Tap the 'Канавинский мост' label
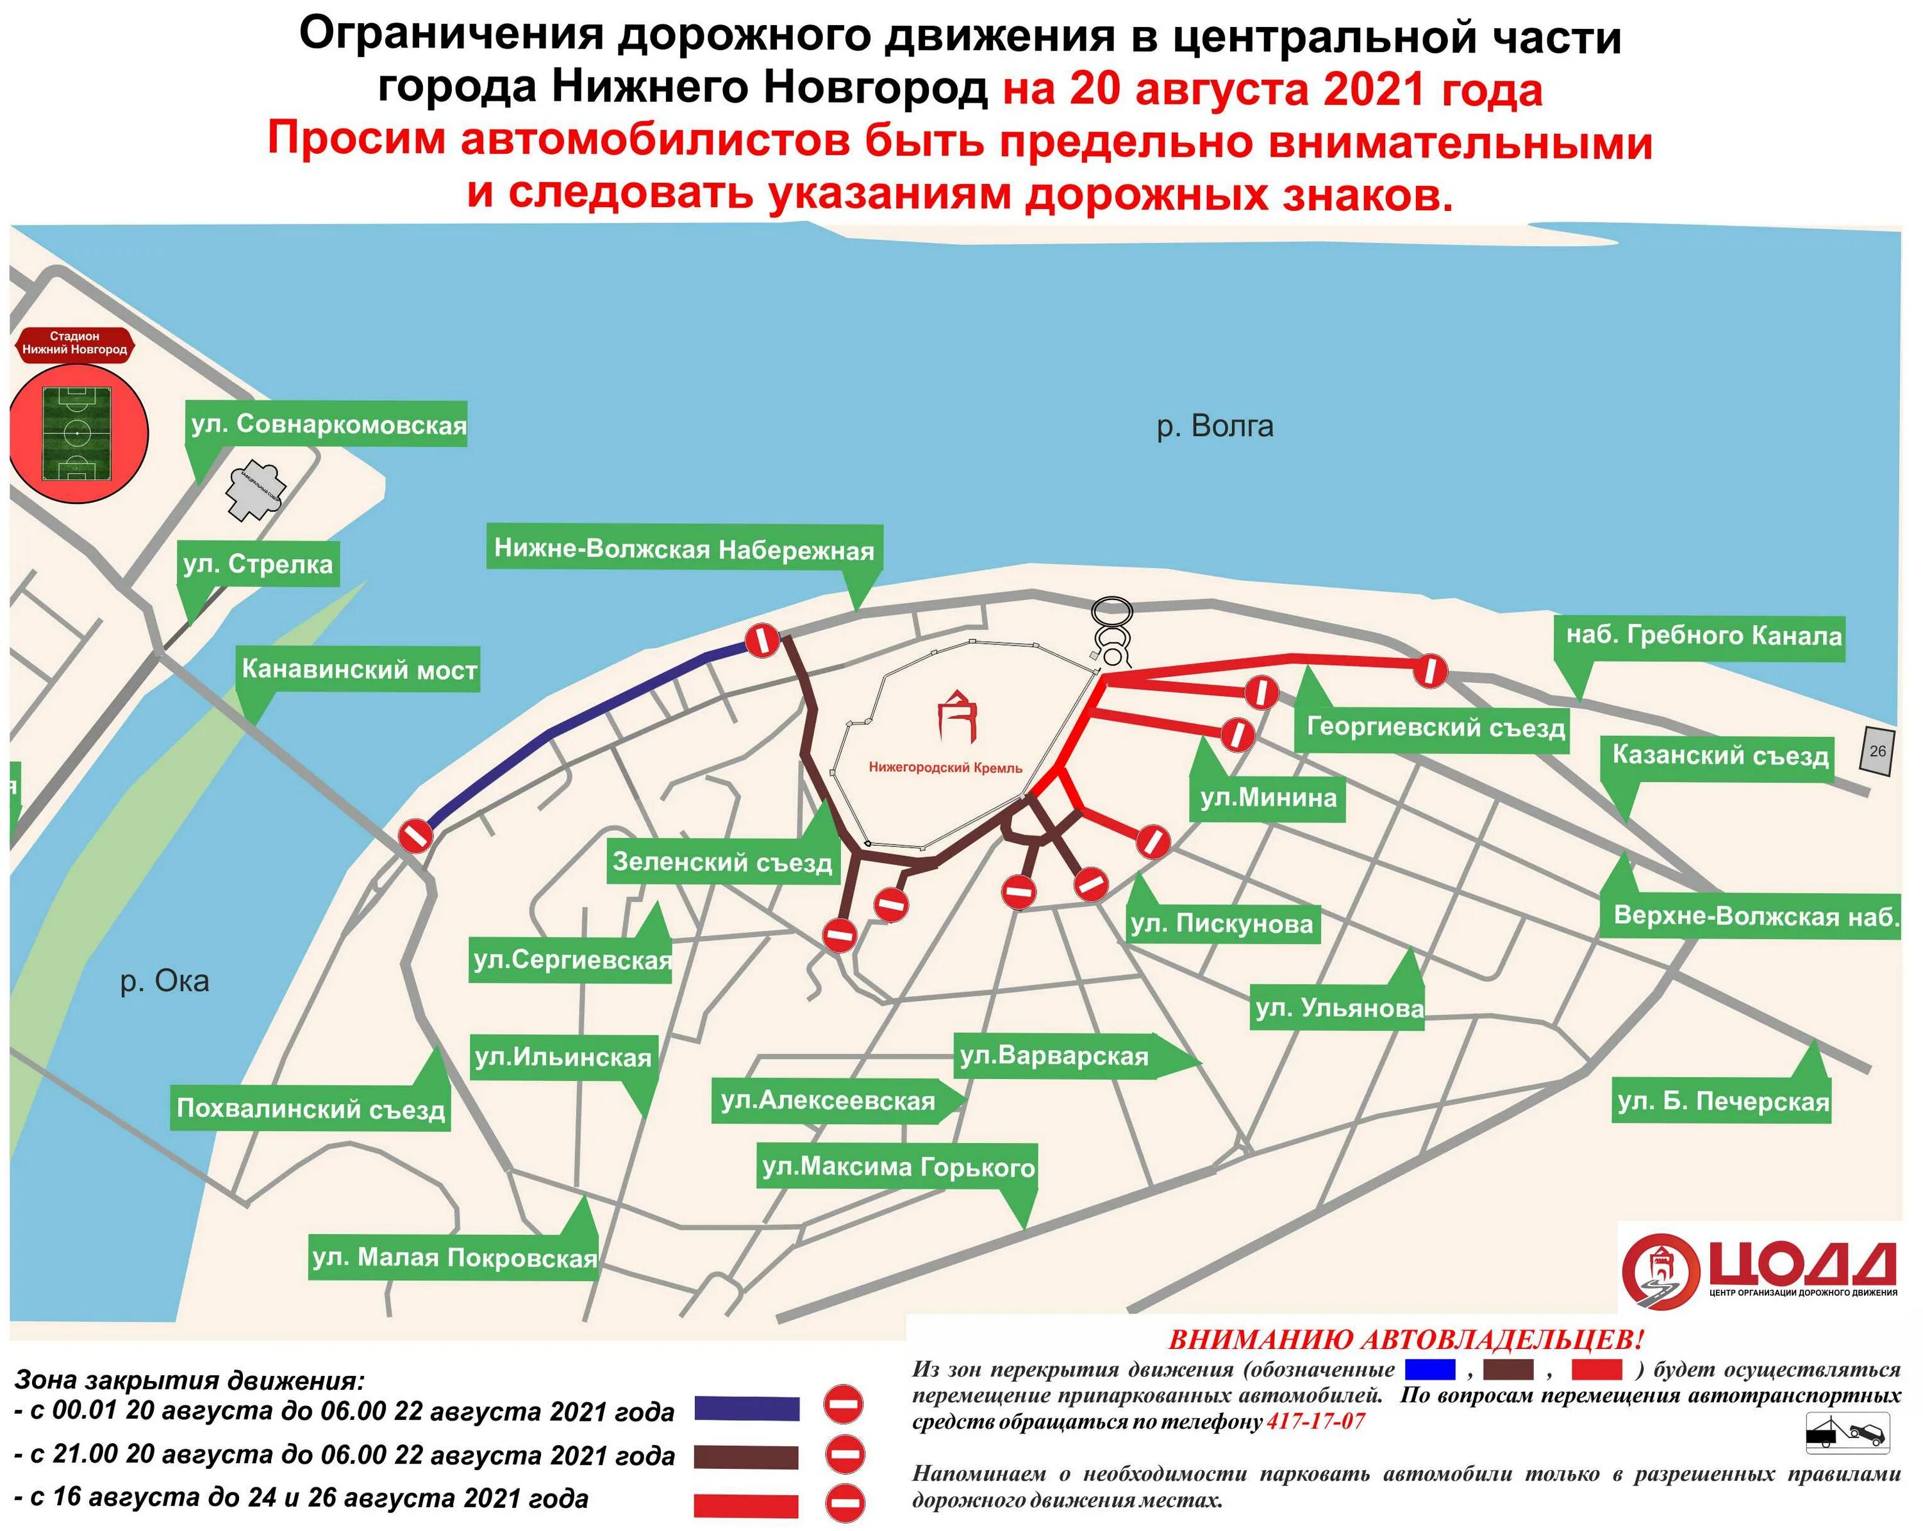click(360, 669)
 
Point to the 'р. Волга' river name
click(1215, 426)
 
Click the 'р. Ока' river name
click(165, 982)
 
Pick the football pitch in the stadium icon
click(77, 433)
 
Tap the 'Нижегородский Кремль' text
click(945, 767)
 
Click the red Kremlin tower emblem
click(957, 715)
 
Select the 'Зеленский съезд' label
click(722, 862)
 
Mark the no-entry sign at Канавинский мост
click(415, 836)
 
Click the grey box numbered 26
click(1877, 750)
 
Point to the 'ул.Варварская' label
click(1054, 1057)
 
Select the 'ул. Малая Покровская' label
click(454, 1258)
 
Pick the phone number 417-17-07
click(1315, 1421)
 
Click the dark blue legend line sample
click(747, 1408)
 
